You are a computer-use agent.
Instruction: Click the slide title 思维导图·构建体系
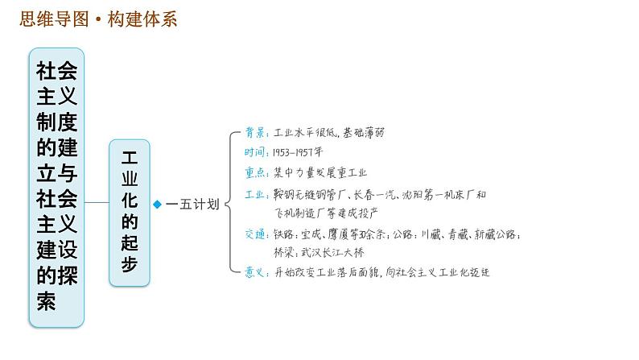(x=97, y=19)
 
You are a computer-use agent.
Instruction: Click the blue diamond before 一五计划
(x=158, y=205)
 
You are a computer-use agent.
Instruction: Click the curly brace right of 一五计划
(x=231, y=204)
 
